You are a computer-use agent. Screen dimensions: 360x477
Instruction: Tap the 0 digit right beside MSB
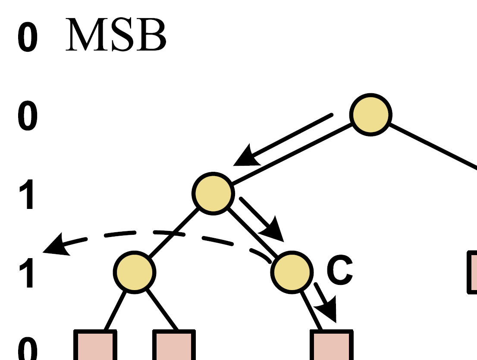click(28, 38)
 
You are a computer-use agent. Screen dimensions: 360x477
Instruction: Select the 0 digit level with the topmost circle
click(28, 117)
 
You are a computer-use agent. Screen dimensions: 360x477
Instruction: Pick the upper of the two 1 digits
click(27, 195)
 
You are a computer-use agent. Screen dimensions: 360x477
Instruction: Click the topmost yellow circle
click(371, 115)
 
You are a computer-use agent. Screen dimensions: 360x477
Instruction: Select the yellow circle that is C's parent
click(213, 193)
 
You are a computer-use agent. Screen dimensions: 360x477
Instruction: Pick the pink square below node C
click(332, 345)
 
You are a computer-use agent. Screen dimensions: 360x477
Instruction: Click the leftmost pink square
click(95, 345)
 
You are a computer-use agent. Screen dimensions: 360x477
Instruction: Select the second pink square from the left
click(174, 345)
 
